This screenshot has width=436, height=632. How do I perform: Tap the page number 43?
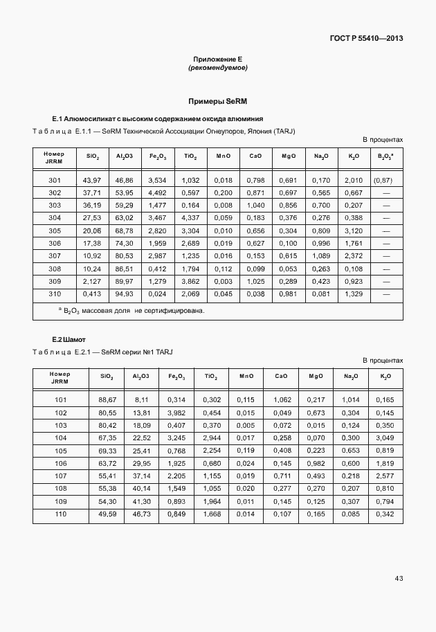pyautogui.click(x=399, y=578)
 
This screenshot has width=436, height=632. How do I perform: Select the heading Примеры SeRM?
pyautogui.click(x=217, y=101)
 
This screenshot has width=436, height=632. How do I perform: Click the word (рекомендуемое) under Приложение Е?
pyautogui.click(x=217, y=68)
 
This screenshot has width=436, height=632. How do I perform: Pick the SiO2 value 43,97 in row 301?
pyautogui.click(x=92, y=180)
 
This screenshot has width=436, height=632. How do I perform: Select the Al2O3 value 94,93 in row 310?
pyautogui.click(x=125, y=294)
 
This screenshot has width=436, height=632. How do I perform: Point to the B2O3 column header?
pyautogui.click(x=385, y=156)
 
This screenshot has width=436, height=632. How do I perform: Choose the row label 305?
pyautogui.click(x=55, y=231)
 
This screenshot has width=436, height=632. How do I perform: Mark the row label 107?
pyautogui.click(x=60, y=476)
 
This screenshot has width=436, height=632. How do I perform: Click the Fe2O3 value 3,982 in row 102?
pyautogui.click(x=176, y=413)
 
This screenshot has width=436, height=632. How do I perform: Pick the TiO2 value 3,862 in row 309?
pyautogui.click(x=190, y=282)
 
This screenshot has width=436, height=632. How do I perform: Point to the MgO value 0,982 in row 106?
pyautogui.click(x=316, y=463)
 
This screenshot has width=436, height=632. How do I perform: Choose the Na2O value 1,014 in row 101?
pyautogui.click(x=351, y=399)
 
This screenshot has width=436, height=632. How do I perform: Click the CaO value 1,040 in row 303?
pyautogui.click(x=255, y=206)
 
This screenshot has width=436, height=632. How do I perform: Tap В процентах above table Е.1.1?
pyautogui.click(x=382, y=140)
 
